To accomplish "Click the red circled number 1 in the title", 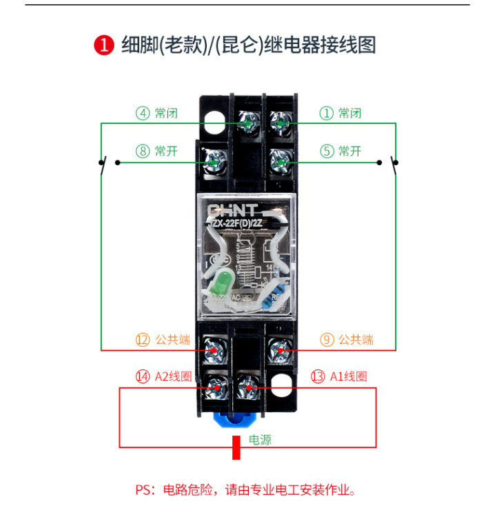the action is coord(103,45).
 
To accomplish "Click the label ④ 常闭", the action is coord(156,113).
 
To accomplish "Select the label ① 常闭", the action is coord(340,113).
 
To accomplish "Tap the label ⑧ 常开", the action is coord(156,151).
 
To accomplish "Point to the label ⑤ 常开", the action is coord(340,151).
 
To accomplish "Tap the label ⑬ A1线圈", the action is coord(339,376).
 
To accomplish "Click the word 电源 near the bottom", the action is coord(260,439).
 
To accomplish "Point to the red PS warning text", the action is coord(245,491).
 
